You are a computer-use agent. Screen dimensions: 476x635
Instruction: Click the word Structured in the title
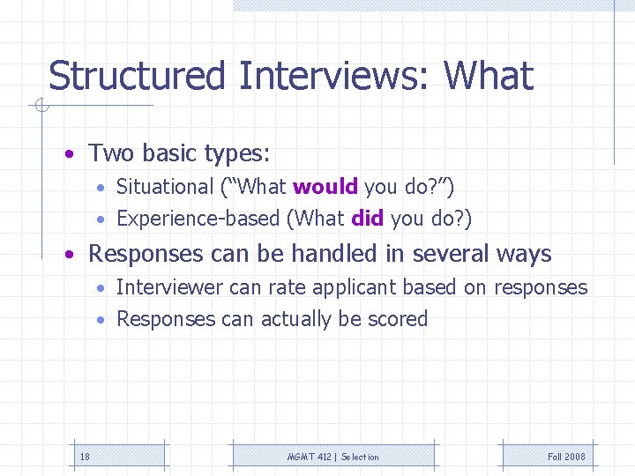coord(138,76)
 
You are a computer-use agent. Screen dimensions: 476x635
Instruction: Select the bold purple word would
coord(325,187)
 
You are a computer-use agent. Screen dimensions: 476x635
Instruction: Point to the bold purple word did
coord(367,219)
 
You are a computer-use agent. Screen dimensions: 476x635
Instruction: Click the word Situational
coord(165,187)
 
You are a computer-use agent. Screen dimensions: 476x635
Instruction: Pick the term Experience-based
coord(198,219)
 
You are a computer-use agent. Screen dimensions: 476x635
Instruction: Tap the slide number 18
coord(85,457)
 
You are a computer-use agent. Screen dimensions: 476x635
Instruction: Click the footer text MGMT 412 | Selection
coord(333,457)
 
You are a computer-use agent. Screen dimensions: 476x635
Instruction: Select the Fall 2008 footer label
coord(566,457)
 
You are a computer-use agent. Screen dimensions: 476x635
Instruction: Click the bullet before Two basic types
coord(69,155)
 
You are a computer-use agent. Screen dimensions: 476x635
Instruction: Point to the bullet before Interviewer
coord(102,288)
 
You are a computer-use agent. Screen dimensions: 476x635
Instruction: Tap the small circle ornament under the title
coord(40,108)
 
